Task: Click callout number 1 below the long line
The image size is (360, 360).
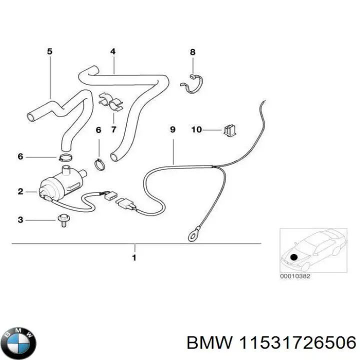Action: (134, 258)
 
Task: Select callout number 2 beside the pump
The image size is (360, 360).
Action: (20, 191)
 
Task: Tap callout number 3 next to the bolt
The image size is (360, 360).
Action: (20, 220)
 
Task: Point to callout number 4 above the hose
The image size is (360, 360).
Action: (113, 51)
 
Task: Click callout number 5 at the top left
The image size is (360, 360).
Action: (49, 51)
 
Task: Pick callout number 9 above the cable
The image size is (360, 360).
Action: (172, 130)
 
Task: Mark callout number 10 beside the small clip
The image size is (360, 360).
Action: (196, 130)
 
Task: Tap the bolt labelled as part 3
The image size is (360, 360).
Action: (63, 221)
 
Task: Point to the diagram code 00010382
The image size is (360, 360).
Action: (295, 275)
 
